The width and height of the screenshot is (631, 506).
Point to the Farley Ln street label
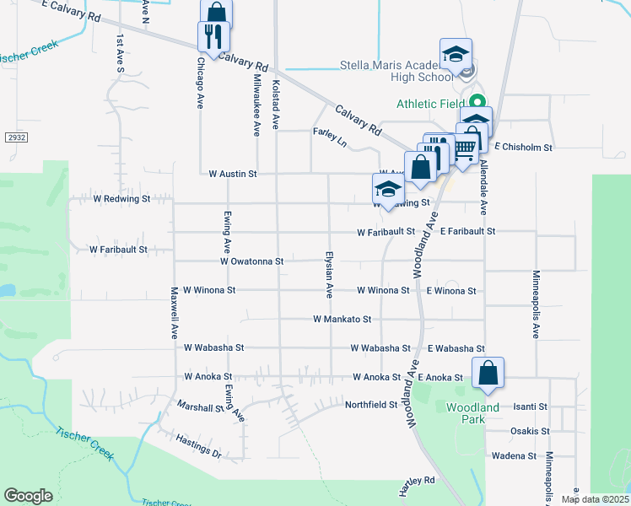click(330, 132)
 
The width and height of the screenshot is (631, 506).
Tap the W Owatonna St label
click(251, 261)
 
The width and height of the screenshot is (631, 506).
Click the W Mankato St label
click(342, 320)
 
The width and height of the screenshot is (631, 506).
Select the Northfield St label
click(370, 405)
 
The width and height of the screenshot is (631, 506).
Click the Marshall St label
click(200, 406)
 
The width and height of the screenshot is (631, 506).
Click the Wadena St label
click(520, 456)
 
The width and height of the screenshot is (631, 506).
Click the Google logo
click(28, 496)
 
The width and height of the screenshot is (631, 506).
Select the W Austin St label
click(232, 174)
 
